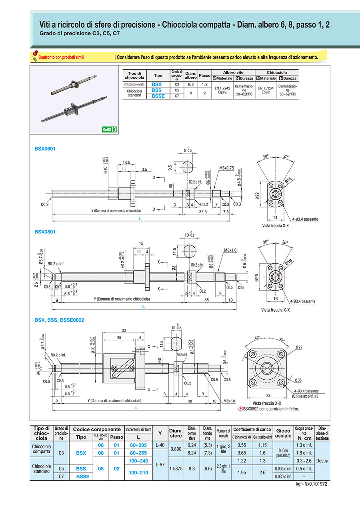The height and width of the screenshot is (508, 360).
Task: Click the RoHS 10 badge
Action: point(109,129)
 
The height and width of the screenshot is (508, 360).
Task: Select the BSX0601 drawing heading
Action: point(45,149)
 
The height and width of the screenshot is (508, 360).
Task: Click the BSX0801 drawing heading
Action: point(45,231)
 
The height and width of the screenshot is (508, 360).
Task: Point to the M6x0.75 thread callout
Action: point(227,168)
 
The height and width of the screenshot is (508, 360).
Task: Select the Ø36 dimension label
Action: point(296,380)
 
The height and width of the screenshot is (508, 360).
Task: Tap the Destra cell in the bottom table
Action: point(322,460)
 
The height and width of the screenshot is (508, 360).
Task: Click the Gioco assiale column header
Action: point(284,433)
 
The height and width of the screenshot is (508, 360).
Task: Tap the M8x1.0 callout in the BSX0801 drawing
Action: point(230,250)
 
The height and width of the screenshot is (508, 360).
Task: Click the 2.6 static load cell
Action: point(262,472)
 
